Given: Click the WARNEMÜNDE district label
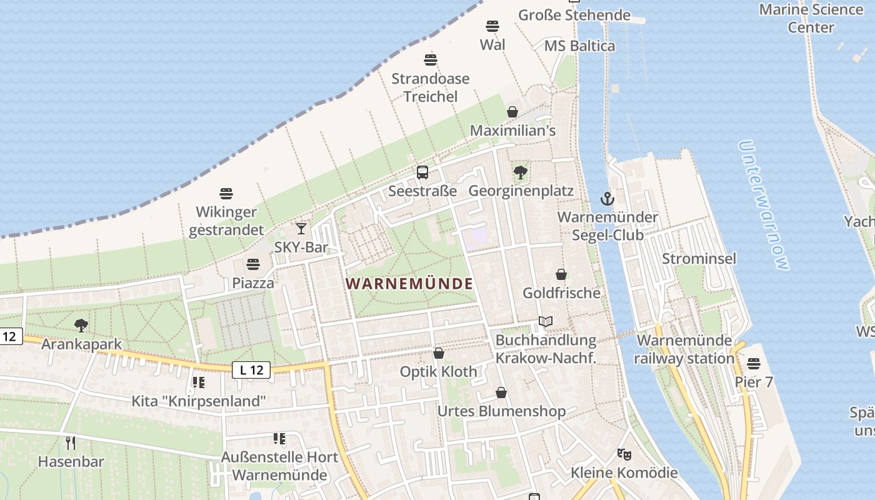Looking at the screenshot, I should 409,284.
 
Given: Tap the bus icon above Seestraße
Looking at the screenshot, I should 422,172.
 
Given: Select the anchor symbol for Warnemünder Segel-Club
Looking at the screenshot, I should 607,199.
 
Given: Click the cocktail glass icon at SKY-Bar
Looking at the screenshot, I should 301,229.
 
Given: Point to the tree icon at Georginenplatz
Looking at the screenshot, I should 520,172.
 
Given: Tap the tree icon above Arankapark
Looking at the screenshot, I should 81,325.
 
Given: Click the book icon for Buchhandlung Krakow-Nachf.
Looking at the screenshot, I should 546,321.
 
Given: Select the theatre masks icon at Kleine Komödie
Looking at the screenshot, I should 623,454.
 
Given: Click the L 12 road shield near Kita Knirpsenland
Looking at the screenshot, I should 251,370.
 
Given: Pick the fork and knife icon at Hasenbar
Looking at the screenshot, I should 71,443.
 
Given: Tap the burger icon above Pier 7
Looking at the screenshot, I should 754,363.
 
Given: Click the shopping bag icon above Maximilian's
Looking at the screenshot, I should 512,112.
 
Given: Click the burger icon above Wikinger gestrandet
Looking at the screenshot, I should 226,194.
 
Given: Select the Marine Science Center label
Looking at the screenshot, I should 811,18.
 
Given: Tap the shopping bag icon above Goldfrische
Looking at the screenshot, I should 561,274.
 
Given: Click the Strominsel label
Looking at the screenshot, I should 699,259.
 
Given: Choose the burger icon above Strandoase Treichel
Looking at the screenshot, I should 430,60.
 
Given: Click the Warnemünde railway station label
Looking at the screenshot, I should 684,349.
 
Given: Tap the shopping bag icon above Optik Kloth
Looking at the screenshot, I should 439,353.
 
